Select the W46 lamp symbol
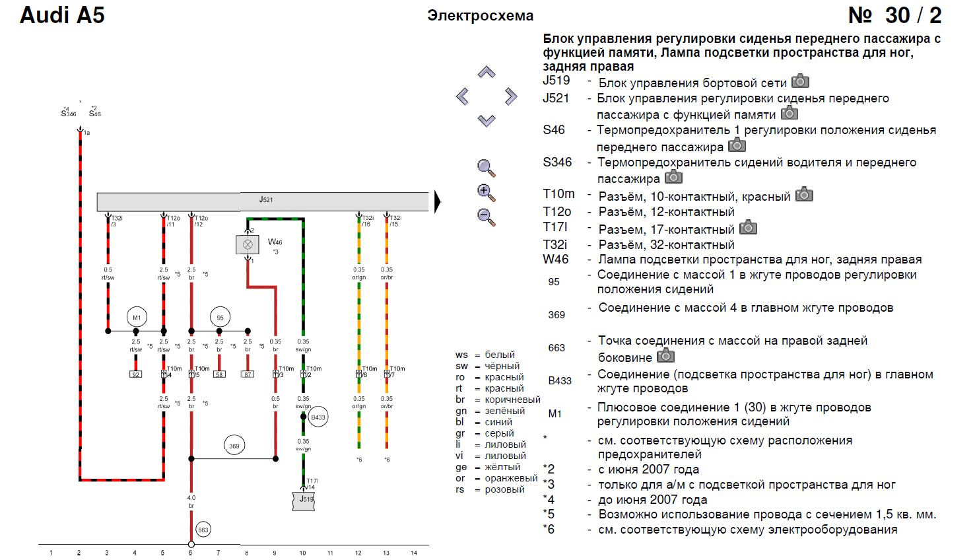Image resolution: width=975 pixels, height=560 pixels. coord(248,244)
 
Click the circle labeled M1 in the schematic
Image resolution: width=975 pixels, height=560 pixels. coord(136,318)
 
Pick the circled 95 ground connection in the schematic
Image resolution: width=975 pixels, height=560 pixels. coord(220,318)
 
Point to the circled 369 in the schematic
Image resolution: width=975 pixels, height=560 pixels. coord(234,446)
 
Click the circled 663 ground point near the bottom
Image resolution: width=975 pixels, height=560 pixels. coord(203,530)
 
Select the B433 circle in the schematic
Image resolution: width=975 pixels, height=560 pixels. coord(318,417)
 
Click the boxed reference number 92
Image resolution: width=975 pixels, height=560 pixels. coord(135,374)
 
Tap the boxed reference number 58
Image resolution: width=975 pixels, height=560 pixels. coord(219,374)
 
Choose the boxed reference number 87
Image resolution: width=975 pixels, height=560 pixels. coord(248,374)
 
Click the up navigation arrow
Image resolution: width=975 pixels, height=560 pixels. coord(487,72)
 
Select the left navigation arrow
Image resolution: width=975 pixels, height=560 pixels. coord(463,97)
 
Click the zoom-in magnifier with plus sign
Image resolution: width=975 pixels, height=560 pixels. coord(487,193)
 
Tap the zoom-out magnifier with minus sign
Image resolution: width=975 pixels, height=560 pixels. coord(487,217)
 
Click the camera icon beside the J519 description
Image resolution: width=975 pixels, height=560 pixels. coord(800,81)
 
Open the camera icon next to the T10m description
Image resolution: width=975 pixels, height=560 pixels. coord(804,194)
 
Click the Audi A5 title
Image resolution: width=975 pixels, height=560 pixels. coord(62,15)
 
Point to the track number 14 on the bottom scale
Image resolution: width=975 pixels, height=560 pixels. coord(414,553)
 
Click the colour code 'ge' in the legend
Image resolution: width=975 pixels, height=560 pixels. coord(461,467)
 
